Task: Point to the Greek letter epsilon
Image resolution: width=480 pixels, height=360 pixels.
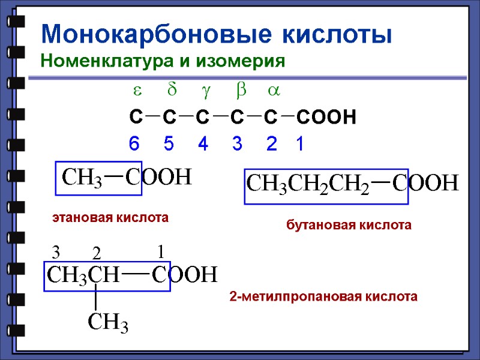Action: [x=136, y=91]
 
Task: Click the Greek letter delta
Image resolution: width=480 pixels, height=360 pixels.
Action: [x=171, y=91]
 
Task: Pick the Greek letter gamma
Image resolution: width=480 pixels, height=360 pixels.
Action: [x=205, y=92]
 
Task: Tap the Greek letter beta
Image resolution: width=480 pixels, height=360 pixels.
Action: [x=241, y=91]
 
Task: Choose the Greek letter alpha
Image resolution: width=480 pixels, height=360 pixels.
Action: [x=274, y=91]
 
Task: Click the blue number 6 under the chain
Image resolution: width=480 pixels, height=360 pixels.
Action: [x=134, y=145]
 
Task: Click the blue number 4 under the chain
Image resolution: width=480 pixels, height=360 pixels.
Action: [x=203, y=145]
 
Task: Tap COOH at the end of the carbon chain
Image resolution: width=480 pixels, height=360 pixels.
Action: [x=326, y=117]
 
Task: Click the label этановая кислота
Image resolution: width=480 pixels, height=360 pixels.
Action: [x=110, y=218]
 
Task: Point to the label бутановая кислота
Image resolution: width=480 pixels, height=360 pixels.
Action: [x=349, y=226]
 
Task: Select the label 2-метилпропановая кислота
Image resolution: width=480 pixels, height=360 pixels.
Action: [x=323, y=296]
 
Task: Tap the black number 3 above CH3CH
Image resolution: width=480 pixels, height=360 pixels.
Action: [x=56, y=251]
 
